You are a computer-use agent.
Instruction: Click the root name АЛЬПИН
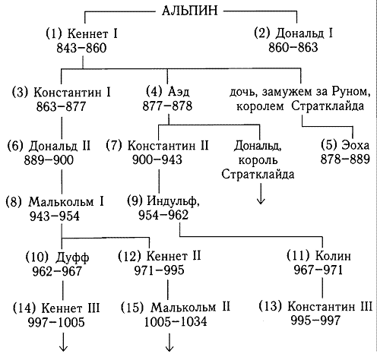190,11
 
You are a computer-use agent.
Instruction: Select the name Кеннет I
93,33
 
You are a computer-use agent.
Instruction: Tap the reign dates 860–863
293,47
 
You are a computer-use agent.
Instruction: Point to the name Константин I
72,93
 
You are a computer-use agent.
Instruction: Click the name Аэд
179,92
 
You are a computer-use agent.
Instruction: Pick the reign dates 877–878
167,106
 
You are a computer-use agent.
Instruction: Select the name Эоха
356,145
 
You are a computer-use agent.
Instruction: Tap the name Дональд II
59,146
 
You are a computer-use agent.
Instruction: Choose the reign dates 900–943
157,159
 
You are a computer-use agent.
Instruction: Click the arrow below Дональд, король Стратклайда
261,193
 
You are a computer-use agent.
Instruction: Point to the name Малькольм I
66,202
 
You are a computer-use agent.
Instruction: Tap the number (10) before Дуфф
36,257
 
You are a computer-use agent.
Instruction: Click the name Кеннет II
174,256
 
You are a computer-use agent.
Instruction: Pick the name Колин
333,256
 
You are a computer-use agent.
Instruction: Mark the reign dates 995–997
315,321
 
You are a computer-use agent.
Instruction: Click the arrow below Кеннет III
63,342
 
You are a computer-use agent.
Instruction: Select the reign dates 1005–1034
176,322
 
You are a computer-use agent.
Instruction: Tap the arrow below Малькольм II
169,342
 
